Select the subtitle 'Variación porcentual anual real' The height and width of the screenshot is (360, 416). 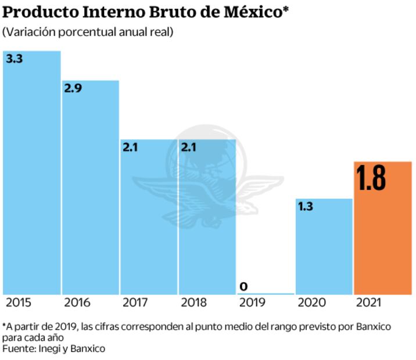coord(88,33)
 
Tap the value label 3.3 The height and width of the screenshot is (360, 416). coord(14,59)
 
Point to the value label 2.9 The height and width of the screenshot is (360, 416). coord(73,89)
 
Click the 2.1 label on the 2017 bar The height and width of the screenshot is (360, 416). coord(132,147)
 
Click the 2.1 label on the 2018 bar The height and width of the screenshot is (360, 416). coord(189,147)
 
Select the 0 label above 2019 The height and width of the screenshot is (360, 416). coord(243,286)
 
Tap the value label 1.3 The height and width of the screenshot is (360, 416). coord(306,206)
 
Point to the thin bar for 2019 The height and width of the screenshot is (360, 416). coord(266,294)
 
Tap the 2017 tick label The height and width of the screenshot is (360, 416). coord(135,303)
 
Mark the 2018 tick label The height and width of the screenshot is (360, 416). coord(193,303)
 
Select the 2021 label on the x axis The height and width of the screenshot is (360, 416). coord(368,303)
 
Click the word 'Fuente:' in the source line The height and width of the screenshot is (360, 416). coord(18,348)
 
